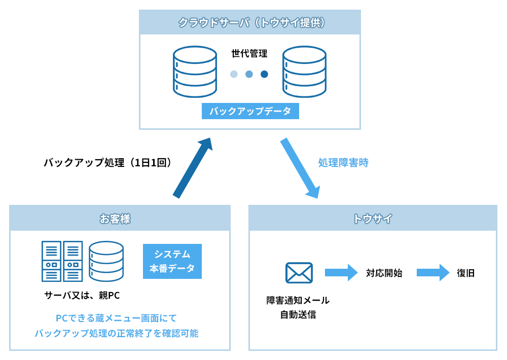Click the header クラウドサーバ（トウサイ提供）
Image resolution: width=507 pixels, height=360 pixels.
coord(250,22)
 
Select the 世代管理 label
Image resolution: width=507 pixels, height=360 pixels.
coord(249,53)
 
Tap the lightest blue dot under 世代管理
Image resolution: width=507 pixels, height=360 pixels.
coord(234,74)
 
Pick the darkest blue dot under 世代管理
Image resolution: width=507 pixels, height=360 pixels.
coord(264,74)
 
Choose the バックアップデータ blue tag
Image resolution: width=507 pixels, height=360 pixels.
coord(250,112)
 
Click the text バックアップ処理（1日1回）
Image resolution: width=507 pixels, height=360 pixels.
coord(110,163)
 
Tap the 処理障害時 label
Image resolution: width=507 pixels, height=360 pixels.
coord(343,163)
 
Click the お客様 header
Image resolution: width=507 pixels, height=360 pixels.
coord(120,219)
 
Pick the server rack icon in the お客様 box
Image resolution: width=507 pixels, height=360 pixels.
coord(62,261)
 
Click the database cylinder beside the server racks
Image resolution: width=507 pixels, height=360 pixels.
coord(106,261)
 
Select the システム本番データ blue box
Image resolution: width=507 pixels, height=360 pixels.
coord(172,261)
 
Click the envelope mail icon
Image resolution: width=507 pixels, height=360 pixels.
coord(299,273)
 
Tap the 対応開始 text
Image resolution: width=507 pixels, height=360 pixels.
coord(384,273)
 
